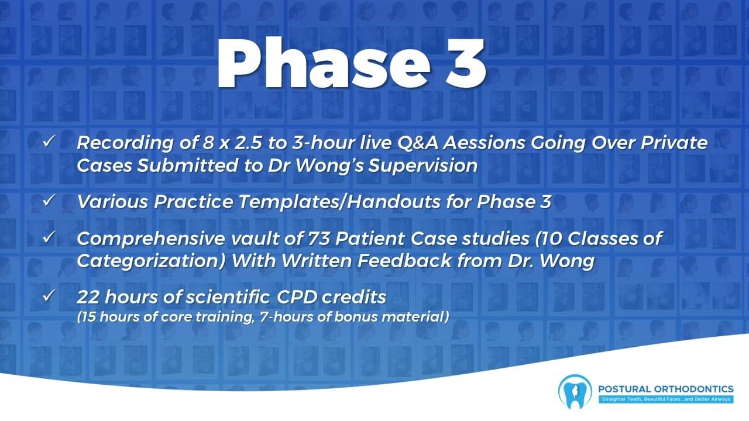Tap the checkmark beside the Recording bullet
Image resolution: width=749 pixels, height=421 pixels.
[x=49, y=142]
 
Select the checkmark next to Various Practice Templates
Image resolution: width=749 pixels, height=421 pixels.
[x=49, y=201]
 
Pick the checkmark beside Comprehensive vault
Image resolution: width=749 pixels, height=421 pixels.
[x=49, y=237]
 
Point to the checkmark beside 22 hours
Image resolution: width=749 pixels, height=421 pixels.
[x=49, y=296]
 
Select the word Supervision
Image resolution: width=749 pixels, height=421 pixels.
[x=423, y=166]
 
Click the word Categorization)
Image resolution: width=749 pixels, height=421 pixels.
[x=152, y=261]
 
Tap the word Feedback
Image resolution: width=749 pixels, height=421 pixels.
[x=404, y=261]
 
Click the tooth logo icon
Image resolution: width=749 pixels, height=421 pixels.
[x=575, y=392]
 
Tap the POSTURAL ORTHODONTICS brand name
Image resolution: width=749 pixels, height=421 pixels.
[x=666, y=389]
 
